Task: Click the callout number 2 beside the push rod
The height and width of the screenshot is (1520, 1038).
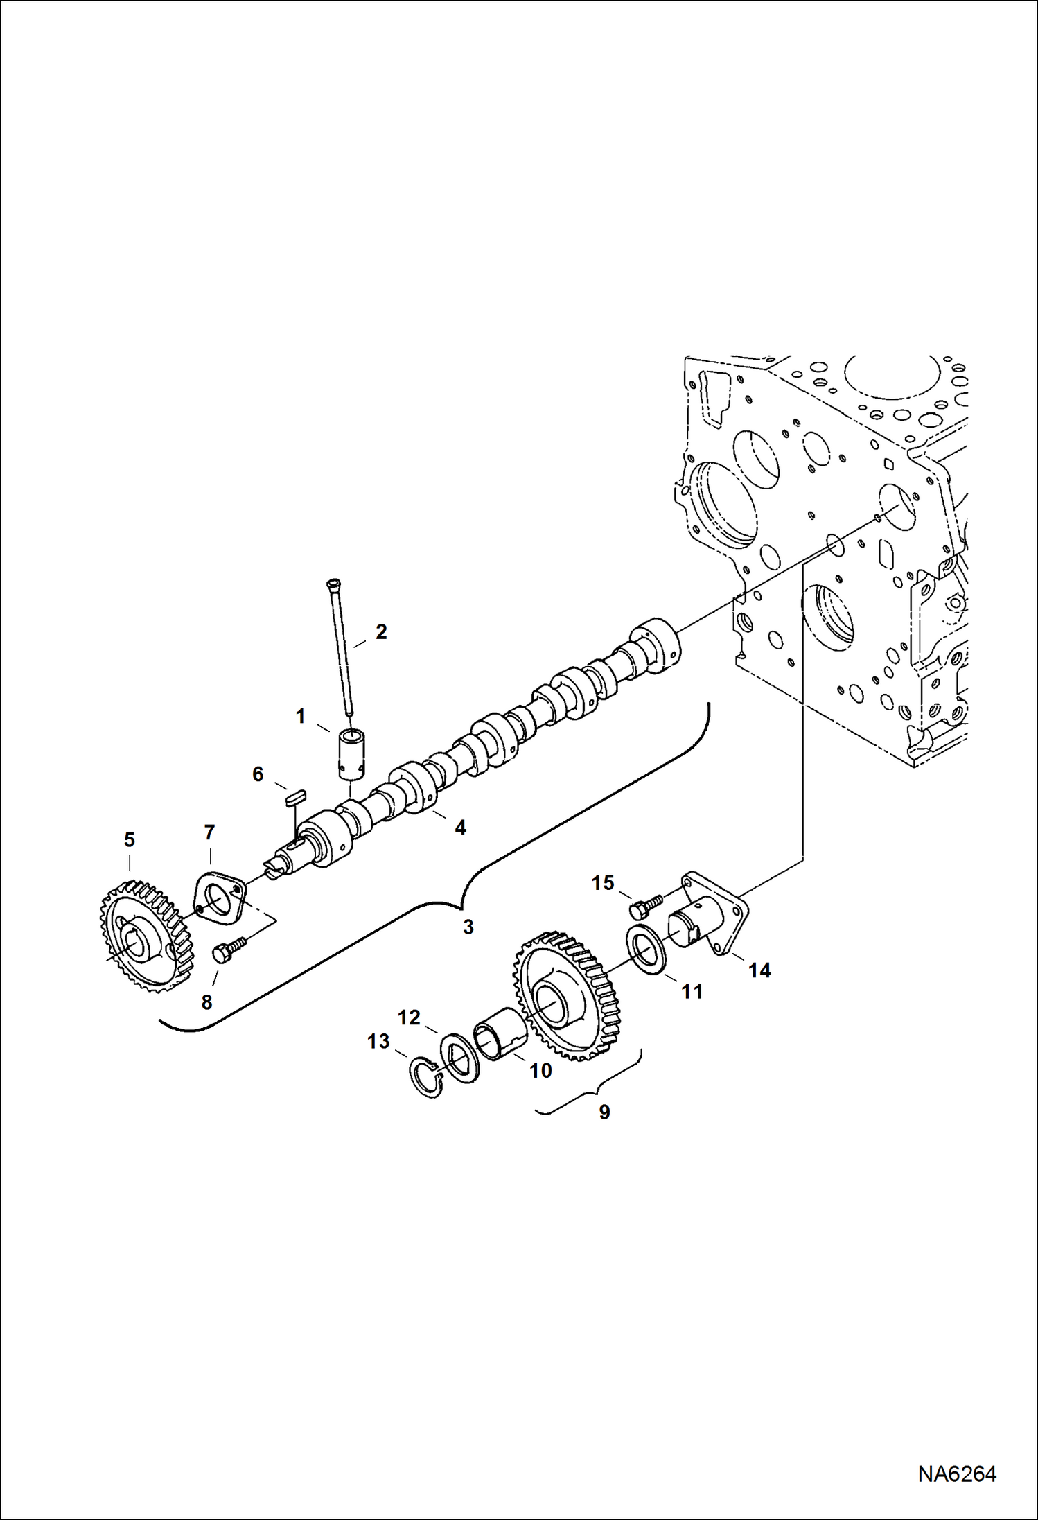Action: [x=381, y=631]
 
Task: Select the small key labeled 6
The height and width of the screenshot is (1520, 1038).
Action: [x=295, y=798]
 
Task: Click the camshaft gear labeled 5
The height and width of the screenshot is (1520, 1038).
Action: [x=144, y=936]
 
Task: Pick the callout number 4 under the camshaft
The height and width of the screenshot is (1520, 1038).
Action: [x=460, y=827]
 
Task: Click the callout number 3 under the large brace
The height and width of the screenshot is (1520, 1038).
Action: [x=468, y=927]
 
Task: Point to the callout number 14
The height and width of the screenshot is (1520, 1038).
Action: [x=759, y=970]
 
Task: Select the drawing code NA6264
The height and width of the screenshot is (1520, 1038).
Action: [x=957, y=1474]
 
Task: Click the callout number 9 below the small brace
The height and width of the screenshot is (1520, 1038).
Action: [x=604, y=1112]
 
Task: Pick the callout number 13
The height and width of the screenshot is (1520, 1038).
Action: [x=378, y=1041]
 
